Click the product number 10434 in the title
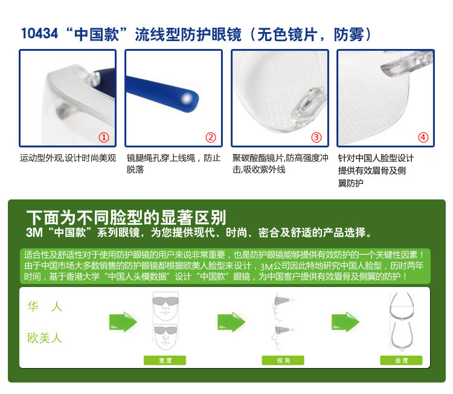pos(40,33)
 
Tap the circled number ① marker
pos(104,137)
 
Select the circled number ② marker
pos(211,137)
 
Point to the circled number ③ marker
pos(316,137)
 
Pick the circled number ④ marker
pos(423,137)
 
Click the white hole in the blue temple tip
pos(187,99)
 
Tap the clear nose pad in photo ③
pos(307,106)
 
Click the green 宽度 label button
pos(165,361)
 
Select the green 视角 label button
pos(283,361)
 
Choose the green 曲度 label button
pos(401,361)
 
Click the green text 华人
pos(45,306)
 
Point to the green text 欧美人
pos(45,338)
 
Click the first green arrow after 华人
pos(123,321)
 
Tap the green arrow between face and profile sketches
pos(231,321)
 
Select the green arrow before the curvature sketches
pos(345,321)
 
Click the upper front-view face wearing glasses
pos(165,306)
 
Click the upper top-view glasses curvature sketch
pos(402,306)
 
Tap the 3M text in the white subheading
pos(34,233)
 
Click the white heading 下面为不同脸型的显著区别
pos(126,218)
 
